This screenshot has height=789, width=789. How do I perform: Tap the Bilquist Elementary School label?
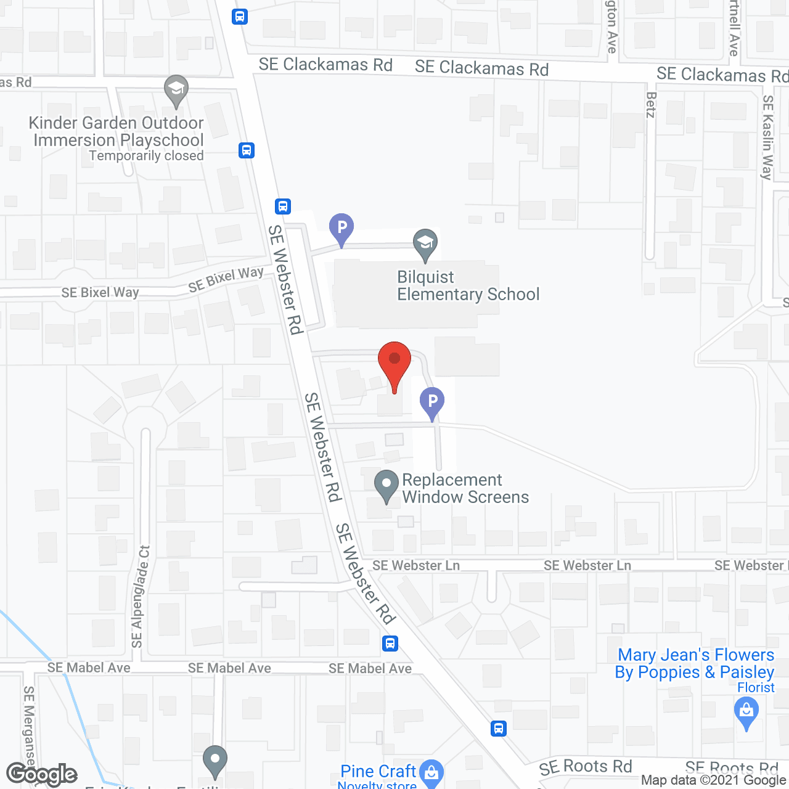pyautogui.click(x=468, y=286)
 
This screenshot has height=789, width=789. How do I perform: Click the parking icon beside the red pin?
pyautogui.click(x=432, y=403)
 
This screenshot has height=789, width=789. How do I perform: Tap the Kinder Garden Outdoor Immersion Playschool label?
pyautogui.click(x=117, y=131)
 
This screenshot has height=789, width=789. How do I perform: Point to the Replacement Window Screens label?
pyautogui.click(x=465, y=488)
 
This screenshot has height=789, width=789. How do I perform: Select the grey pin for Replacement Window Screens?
pyautogui.click(x=386, y=485)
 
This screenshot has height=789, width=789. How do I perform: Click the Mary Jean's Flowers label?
pyautogui.click(x=695, y=663)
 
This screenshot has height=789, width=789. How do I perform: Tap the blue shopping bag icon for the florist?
pyautogui.click(x=746, y=711)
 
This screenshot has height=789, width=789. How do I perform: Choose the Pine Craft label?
pyautogui.click(x=378, y=771)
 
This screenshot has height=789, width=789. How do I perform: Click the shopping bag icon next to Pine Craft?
pyautogui.click(x=431, y=771)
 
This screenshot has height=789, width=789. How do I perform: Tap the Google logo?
pyautogui.click(x=42, y=774)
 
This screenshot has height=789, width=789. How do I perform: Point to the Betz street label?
pyautogui.click(x=651, y=105)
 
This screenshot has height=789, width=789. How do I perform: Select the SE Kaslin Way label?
pyautogui.click(x=767, y=137)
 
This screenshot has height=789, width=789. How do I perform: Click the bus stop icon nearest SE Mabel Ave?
pyautogui.click(x=390, y=644)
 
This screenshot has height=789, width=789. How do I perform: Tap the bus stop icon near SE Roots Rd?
pyautogui.click(x=499, y=729)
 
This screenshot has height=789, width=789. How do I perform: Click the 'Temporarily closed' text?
pyautogui.click(x=146, y=156)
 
